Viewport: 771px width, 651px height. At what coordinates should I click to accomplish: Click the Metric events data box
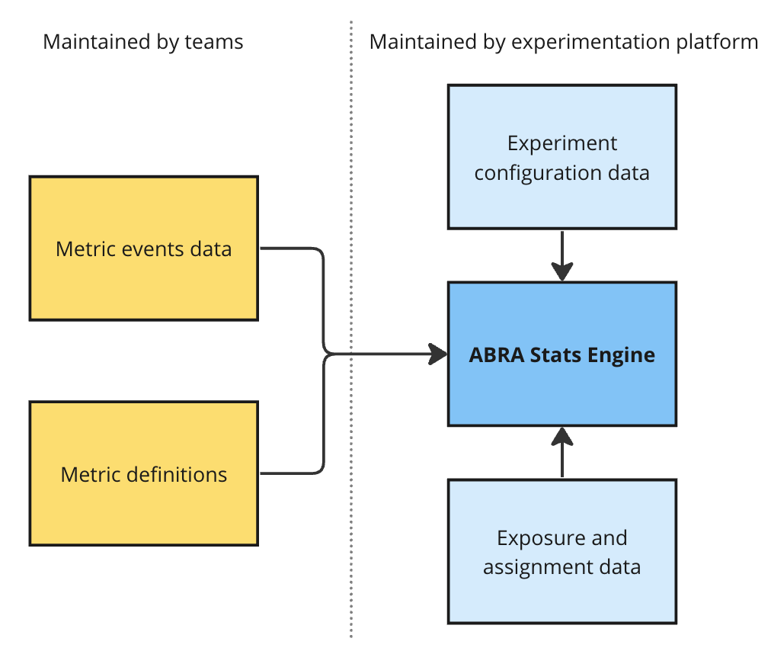pyautogui.click(x=143, y=249)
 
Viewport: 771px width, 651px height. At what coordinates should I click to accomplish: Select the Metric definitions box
pyautogui.click(x=143, y=473)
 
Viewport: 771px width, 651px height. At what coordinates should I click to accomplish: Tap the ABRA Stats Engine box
pyautogui.click(x=562, y=354)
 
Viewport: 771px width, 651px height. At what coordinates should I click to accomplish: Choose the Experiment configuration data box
pyautogui.click(x=562, y=157)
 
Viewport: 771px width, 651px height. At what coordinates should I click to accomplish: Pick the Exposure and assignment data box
pyautogui.click(x=562, y=551)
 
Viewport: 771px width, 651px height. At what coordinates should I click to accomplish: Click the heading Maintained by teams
pyautogui.click(x=143, y=43)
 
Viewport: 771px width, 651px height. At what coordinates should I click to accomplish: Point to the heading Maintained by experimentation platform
pyautogui.click(x=564, y=43)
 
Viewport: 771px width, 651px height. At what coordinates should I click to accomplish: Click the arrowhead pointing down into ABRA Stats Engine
pyautogui.click(x=562, y=271)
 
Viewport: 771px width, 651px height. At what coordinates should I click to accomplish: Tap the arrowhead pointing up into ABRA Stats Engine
pyautogui.click(x=562, y=437)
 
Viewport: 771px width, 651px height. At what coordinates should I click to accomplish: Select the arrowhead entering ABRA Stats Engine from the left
pyautogui.click(x=437, y=354)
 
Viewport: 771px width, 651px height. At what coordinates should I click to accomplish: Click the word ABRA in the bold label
pyautogui.click(x=497, y=354)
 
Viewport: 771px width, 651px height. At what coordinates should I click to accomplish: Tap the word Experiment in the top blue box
pyautogui.click(x=562, y=143)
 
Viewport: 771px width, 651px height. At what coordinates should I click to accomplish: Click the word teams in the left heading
pyautogui.click(x=214, y=43)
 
